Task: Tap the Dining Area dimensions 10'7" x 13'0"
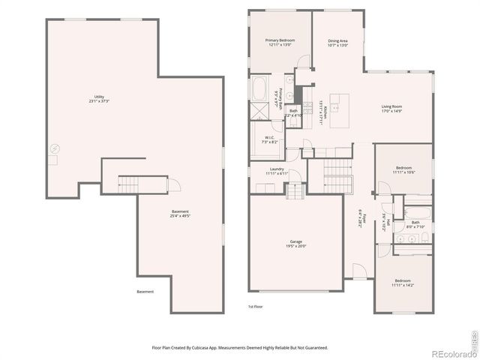[x=337, y=45]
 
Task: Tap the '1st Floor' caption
[x=256, y=307]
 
